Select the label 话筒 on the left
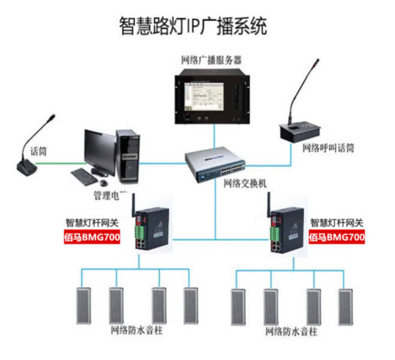pos(38,151)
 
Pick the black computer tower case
pos(128,157)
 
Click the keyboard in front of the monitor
pos(84,177)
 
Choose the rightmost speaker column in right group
pos(344,307)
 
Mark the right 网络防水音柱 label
pos(291,332)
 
